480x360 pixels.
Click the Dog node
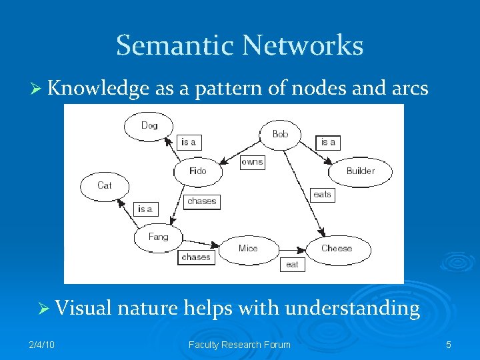tap(149, 125)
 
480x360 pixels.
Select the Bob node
tap(281, 134)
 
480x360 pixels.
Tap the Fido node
tap(198, 171)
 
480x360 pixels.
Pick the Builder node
tap(360, 171)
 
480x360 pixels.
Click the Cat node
tap(105, 185)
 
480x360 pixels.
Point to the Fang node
tap(158, 237)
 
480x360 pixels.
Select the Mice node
tap(248, 248)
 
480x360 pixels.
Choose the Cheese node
tap(337, 248)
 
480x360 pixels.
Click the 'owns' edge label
tap(252, 162)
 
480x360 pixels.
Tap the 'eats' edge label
tap(322, 195)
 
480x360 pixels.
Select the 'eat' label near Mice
tap(292, 265)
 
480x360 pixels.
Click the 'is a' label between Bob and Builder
tap(328, 142)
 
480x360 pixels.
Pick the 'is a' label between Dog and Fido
tap(189, 142)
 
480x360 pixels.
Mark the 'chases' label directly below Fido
tap(201, 201)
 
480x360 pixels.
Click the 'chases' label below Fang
tap(196, 257)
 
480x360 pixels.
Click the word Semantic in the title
tap(175, 46)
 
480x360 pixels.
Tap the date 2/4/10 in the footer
tap(43, 345)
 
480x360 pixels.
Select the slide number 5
tap(449, 345)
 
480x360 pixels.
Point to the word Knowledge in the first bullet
tap(98, 89)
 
